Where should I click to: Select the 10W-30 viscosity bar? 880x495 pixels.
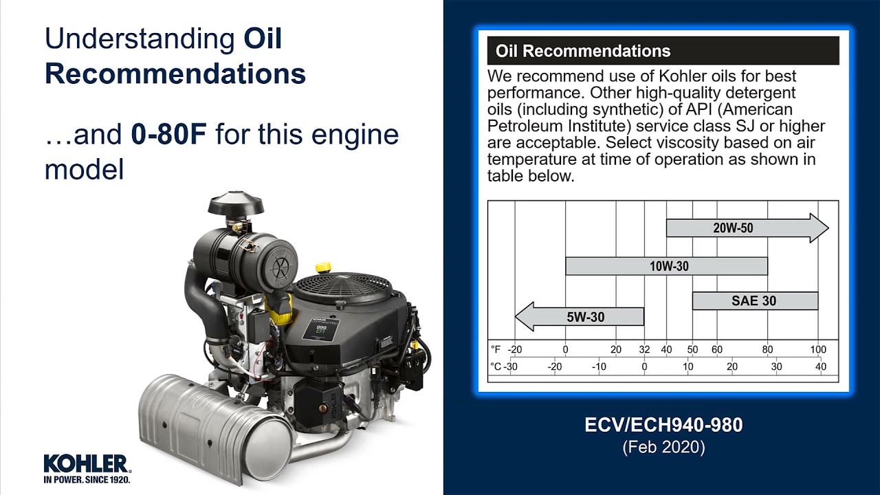666,266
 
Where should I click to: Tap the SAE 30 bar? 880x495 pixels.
755,300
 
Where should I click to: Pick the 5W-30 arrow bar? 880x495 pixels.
584,317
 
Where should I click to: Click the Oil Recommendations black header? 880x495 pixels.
663,51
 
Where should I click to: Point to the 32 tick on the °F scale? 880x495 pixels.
644,349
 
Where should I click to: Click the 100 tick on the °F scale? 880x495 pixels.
818,349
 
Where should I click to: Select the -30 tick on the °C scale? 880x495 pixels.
510,366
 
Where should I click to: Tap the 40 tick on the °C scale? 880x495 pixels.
821,366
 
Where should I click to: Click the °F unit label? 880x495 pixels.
496,349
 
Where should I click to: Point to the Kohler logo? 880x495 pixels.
86,467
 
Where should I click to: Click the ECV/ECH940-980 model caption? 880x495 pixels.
663,425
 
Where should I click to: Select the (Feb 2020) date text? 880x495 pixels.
663,447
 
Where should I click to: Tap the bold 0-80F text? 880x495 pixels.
168,134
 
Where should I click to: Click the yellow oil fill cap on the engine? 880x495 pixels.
323,267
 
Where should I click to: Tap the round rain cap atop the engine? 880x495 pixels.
236,204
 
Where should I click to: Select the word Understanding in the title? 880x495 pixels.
140,39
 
